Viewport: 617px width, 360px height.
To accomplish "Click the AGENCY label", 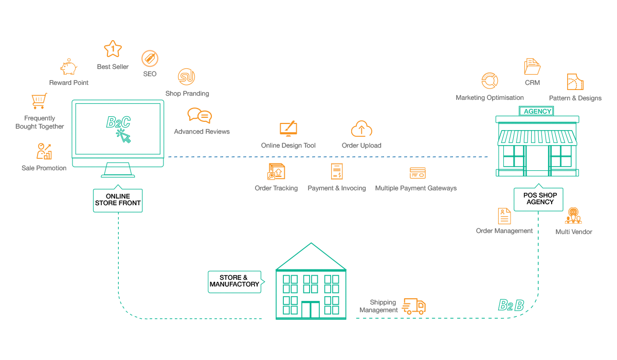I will tap(537, 112).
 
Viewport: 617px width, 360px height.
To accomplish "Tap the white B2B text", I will tap(511, 305).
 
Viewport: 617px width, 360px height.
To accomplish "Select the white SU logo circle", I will tap(186, 77).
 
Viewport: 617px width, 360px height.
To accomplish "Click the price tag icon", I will tap(149, 58).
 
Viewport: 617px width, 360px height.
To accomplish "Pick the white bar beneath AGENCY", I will tap(537, 119).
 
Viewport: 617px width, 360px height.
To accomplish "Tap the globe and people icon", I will tap(573, 215).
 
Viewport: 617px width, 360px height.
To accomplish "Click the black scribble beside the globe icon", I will tap(539, 197).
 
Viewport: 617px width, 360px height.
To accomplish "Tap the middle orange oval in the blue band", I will tap(336, 171).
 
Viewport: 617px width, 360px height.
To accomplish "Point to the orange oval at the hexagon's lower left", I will tap(44, 150).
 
